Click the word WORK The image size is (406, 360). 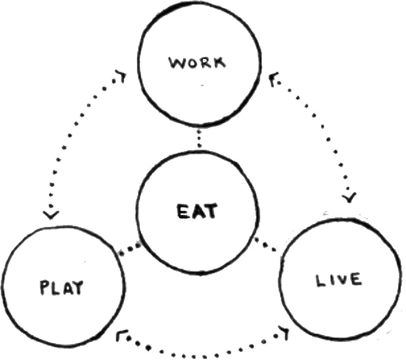[x=197, y=63]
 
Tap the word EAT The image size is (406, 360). [x=198, y=212]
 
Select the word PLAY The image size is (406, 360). [x=61, y=288]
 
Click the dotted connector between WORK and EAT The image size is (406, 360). [x=199, y=138]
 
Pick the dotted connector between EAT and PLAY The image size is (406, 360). [x=130, y=250]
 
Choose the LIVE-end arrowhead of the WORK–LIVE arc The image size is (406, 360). [x=350, y=198]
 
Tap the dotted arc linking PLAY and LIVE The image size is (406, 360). [x=199, y=349]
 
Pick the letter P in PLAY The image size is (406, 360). [x=45, y=288]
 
